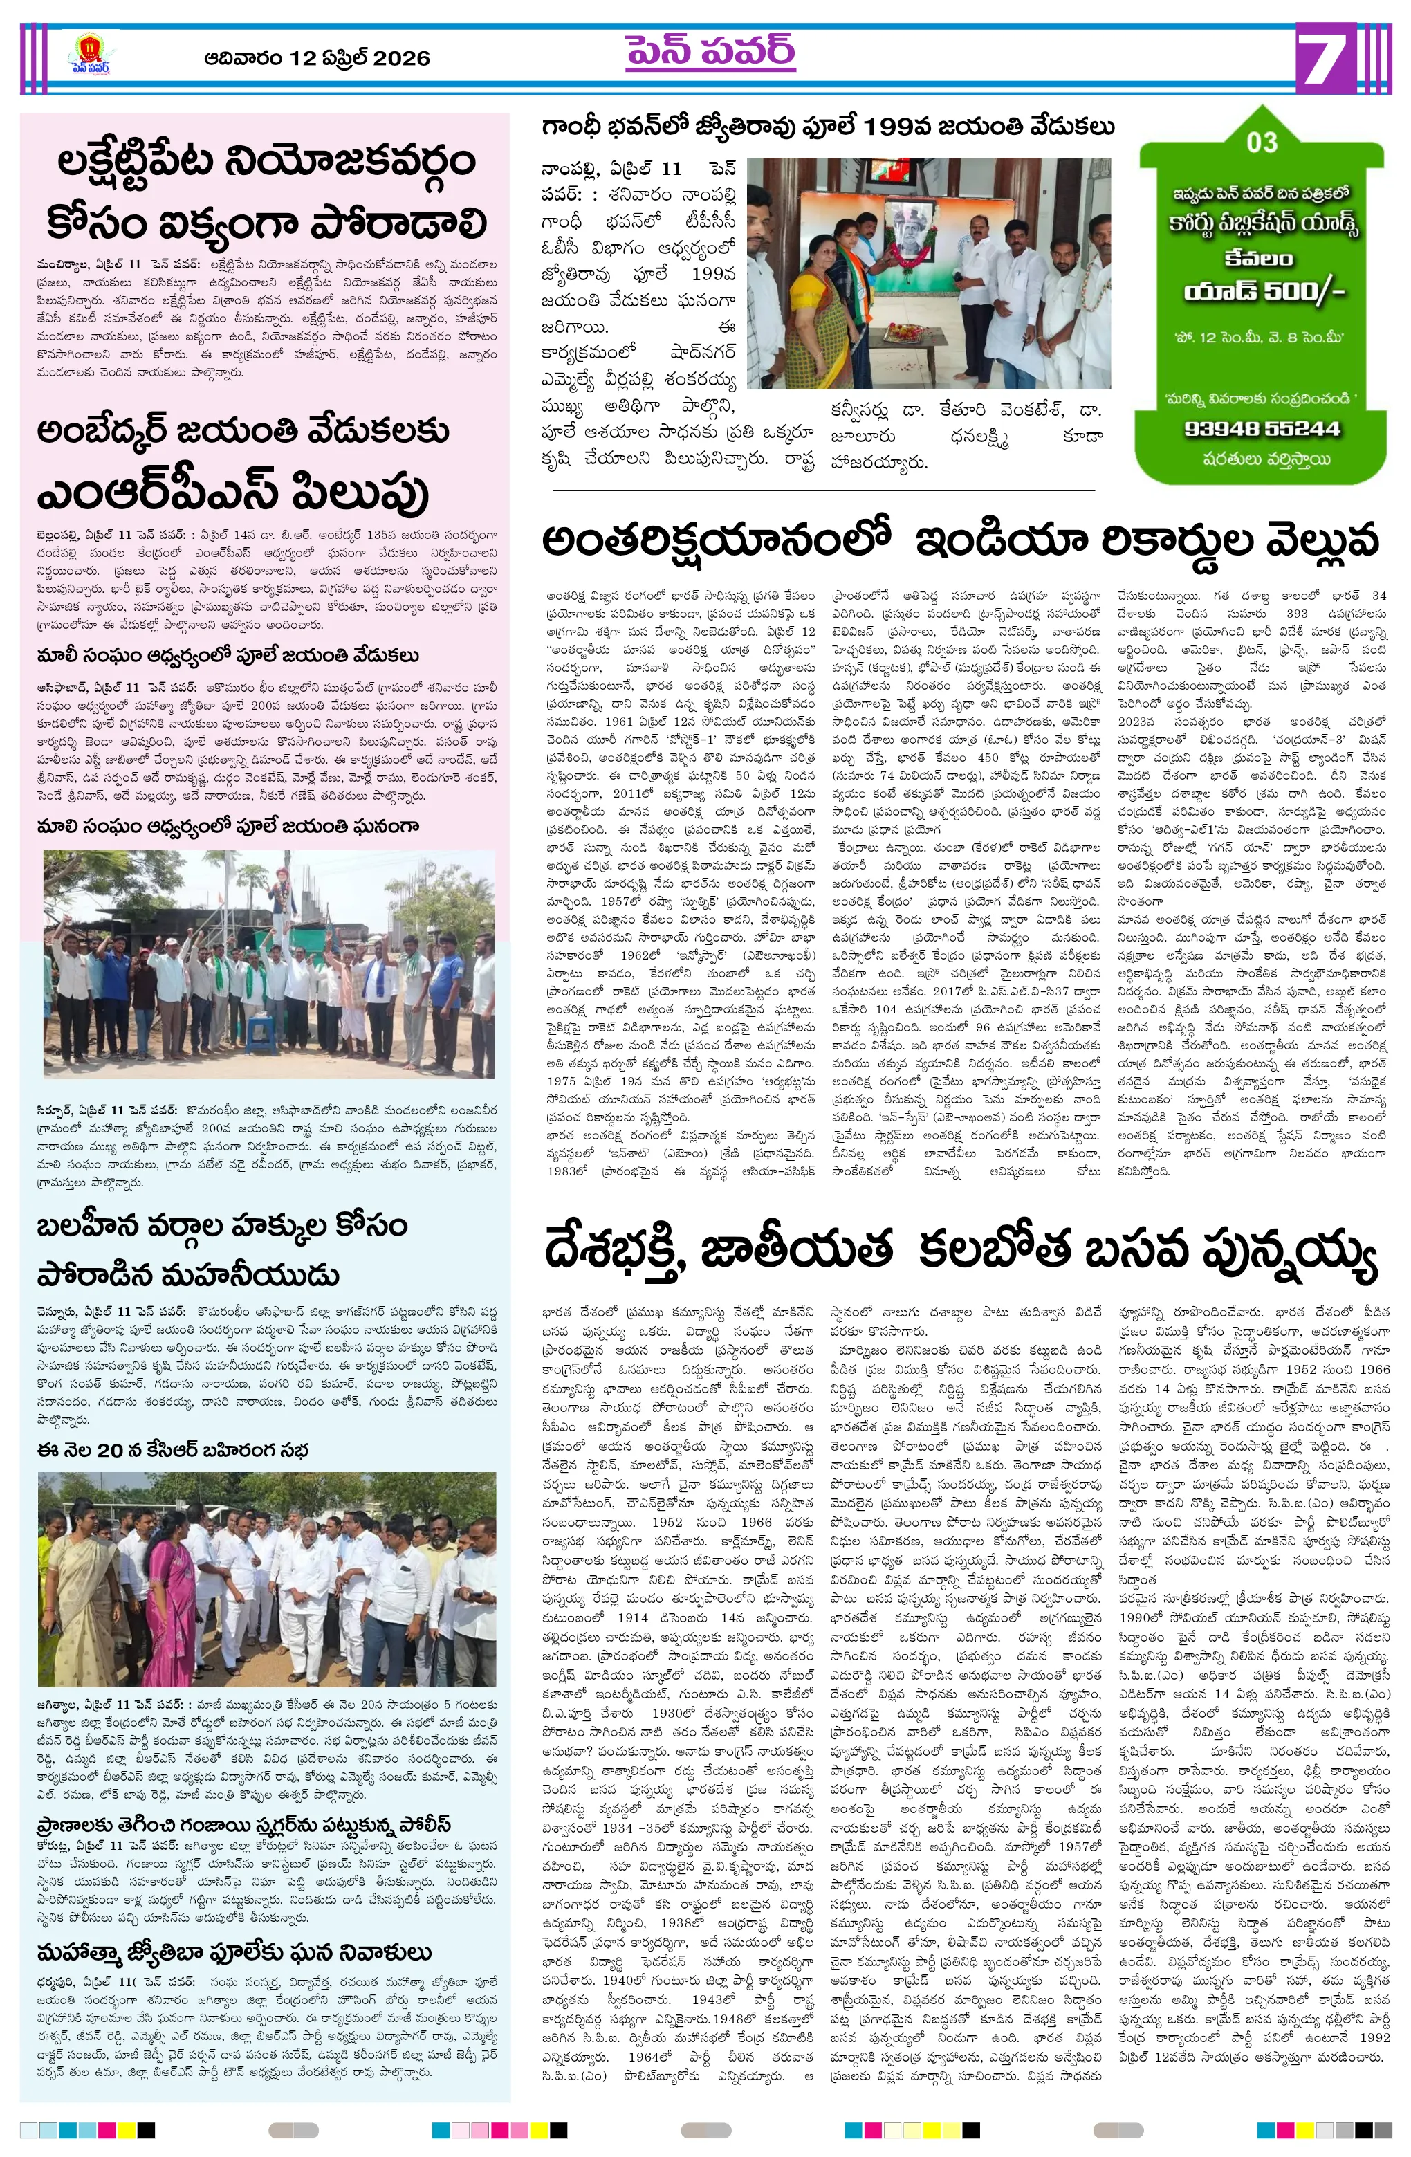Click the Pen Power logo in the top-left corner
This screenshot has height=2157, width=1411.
tap(90, 58)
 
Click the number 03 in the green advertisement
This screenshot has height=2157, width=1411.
tap(1262, 143)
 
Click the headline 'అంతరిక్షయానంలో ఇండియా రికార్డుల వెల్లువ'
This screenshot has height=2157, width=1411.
tap(961, 541)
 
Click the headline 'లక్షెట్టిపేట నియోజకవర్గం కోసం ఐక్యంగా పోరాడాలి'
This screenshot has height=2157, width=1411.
tap(266, 192)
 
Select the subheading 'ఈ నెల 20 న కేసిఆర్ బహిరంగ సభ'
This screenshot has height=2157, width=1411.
tap(173, 1450)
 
